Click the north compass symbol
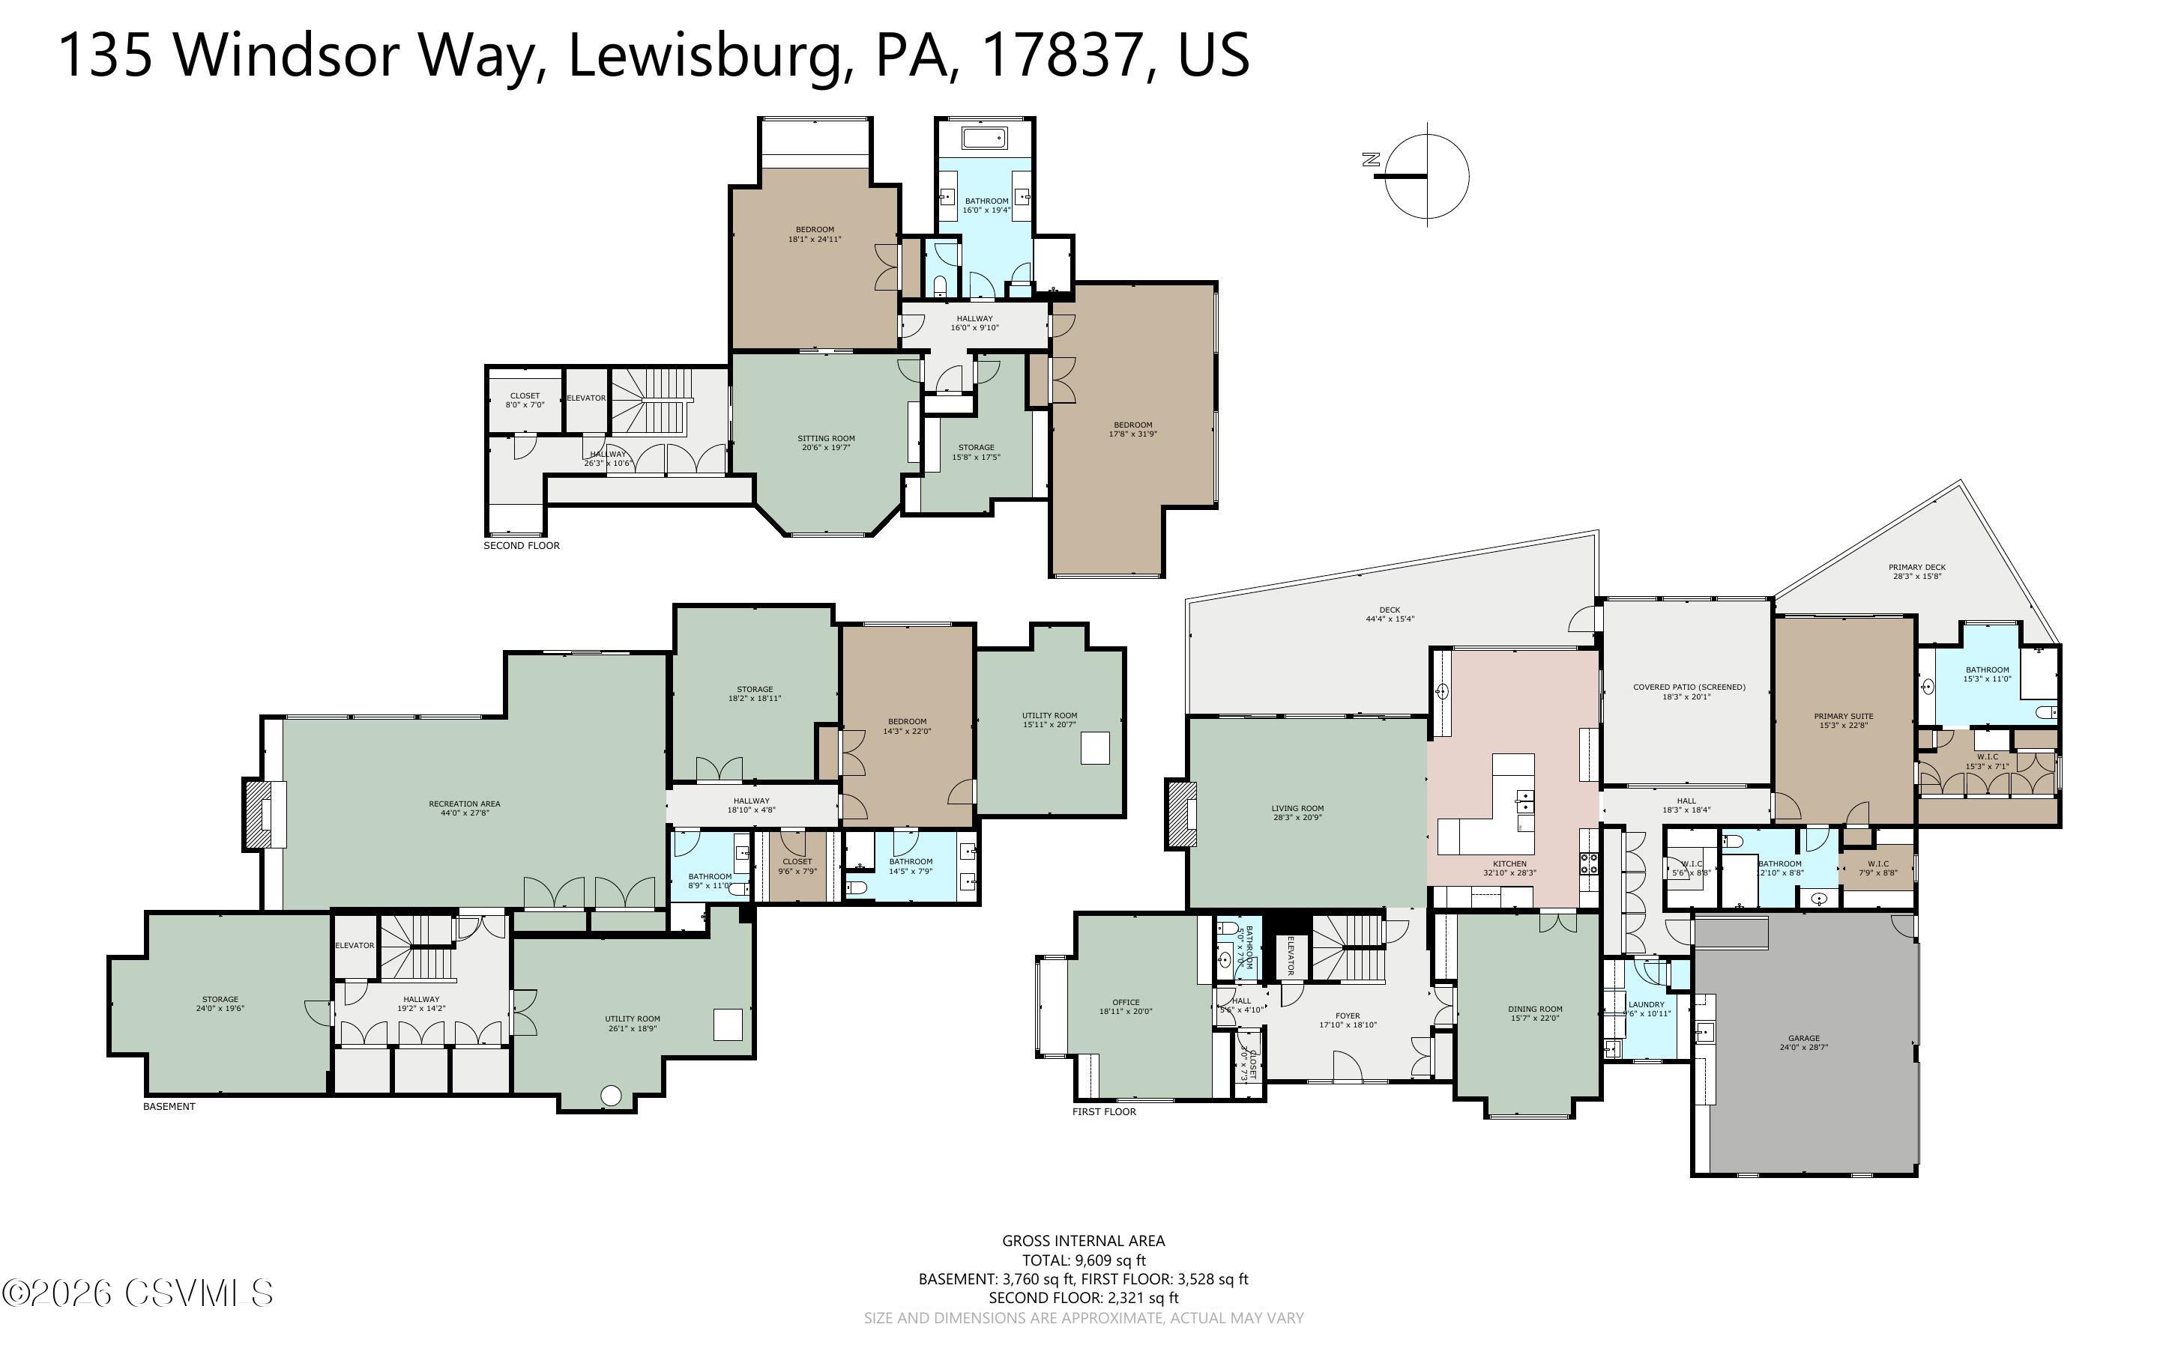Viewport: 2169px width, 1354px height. pyautogui.click(x=1426, y=175)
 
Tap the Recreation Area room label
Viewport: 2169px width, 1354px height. pyautogui.click(x=464, y=809)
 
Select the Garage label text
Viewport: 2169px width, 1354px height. pyautogui.click(x=1803, y=1042)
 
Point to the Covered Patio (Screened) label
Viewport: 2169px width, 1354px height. pyautogui.click(x=1689, y=691)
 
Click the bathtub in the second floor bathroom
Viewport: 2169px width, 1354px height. pyautogui.click(x=985, y=139)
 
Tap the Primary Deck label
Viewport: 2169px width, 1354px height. pyautogui.click(x=1916, y=571)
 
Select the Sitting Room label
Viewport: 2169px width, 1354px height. pyautogui.click(x=826, y=443)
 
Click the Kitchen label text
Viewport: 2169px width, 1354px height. pyautogui.click(x=1509, y=868)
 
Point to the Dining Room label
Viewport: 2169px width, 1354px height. pyautogui.click(x=1535, y=1013)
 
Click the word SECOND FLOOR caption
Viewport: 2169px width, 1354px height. pyautogui.click(x=522, y=545)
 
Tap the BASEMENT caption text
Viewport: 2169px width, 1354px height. pyautogui.click(x=169, y=1106)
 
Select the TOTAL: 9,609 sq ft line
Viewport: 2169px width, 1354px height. pyautogui.click(x=1083, y=1260)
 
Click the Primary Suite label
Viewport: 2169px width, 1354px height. pyautogui.click(x=1843, y=720)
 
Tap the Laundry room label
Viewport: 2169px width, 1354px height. pyautogui.click(x=1646, y=1008)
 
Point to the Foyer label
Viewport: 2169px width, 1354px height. pyautogui.click(x=1348, y=1020)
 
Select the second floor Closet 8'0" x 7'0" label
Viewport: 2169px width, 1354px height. pyautogui.click(x=525, y=399)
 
